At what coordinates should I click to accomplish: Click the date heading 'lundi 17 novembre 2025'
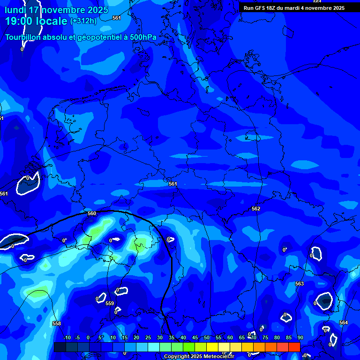[x=56, y=10]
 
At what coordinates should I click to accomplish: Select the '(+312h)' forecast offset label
[x=83, y=21]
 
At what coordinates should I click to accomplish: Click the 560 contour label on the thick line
[x=92, y=213]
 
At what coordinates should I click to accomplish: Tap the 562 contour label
[x=255, y=209]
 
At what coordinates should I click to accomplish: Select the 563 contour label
[x=300, y=284]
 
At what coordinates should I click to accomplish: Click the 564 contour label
[x=344, y=322]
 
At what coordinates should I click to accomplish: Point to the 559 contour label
[x=110, y=303]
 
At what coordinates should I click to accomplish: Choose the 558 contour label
[x=57, y=323]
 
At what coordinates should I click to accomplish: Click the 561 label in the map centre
[x=173, y=184]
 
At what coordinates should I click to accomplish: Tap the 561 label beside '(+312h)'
[x=117, y=18]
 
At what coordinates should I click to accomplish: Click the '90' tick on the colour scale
[x=300, y=337]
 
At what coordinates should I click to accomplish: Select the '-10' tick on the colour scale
[x=67, y=337]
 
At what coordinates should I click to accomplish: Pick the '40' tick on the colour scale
[x=183, y=337]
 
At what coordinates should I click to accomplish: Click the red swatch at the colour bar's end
[x=294, y=347]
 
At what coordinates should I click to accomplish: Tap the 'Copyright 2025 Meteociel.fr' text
[x=199, y=356]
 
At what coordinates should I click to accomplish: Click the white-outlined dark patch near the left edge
[x=27, y=184]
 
